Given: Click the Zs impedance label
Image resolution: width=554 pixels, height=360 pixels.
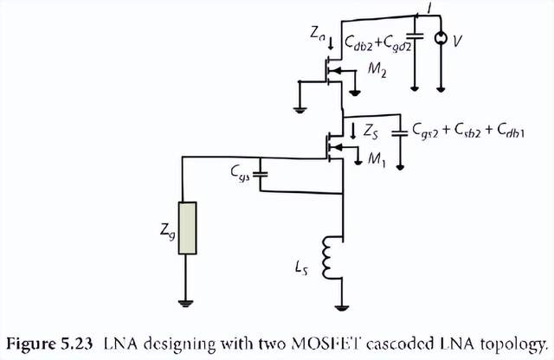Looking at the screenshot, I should (370, 132).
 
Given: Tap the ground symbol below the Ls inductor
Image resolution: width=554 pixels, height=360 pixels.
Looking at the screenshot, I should (344, 306).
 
